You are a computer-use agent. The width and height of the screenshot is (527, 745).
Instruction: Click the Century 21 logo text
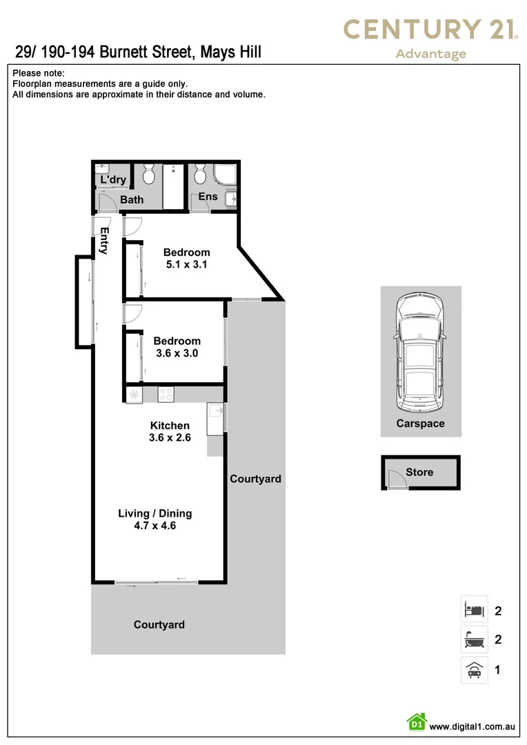pos(430,30)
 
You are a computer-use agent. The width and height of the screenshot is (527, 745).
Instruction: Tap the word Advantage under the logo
pos(430,54)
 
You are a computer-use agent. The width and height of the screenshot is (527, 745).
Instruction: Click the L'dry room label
pos(113,180)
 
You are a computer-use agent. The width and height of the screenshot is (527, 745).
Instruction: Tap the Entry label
pos(104,241)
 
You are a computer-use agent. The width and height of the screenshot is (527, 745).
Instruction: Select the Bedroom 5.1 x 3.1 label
pos(186,259)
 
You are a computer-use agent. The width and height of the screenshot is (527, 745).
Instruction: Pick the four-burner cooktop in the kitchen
pos(166,395)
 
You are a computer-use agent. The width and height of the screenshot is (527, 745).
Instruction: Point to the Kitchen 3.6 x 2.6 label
pos(170,431)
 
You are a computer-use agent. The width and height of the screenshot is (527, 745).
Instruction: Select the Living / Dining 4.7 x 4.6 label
pos(155,519)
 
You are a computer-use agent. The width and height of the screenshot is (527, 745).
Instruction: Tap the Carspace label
pos(420,424)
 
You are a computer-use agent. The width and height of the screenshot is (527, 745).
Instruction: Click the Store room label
pos(419,473)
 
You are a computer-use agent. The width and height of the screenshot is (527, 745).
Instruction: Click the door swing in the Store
pos(396,480)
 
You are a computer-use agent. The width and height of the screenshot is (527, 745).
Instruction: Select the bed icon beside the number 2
pos(474,610)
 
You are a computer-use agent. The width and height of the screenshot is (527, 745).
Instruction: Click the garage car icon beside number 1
pos(474,670)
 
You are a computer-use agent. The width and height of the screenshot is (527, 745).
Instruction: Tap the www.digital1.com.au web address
pos(473,726)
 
